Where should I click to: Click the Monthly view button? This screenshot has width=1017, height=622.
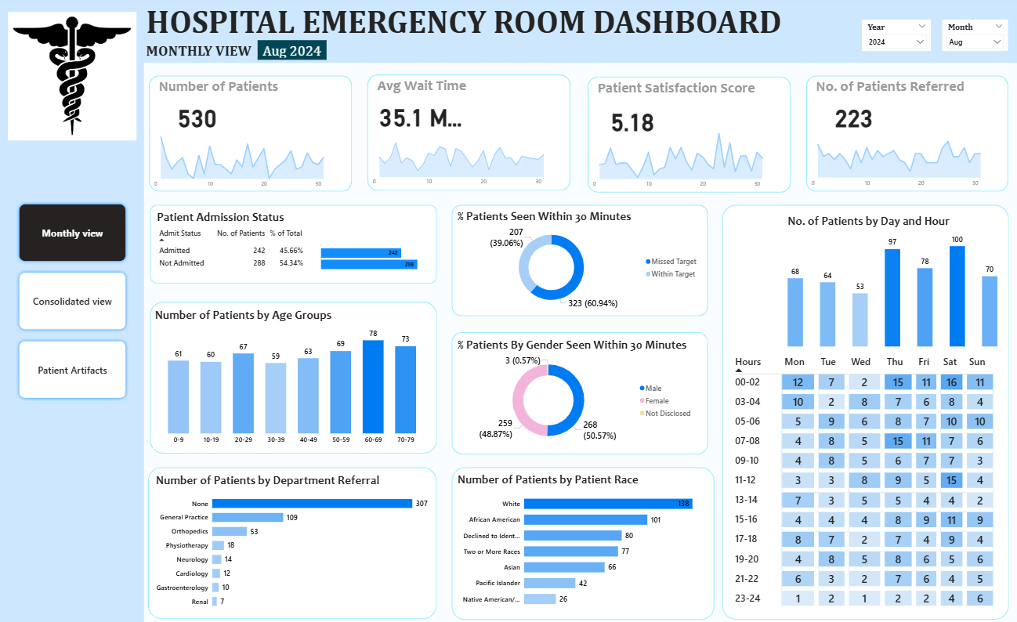tap(72, 233)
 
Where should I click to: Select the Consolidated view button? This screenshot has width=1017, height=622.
tap(72, 301)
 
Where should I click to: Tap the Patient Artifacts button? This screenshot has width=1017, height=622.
tap(72, 370)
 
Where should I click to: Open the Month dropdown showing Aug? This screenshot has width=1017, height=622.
tap(974, 42)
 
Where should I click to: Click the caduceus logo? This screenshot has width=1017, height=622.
tap(72, 75)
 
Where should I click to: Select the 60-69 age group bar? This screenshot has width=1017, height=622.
tap(373, 387)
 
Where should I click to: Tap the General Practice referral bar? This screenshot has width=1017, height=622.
tap(248, 517)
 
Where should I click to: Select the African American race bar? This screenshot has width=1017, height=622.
tap(585, 519)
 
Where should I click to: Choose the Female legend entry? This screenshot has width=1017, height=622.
tap(657, 400)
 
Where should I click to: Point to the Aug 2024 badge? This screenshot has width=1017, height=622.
tap(291, 51)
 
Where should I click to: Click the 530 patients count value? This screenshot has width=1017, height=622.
tap(197, 119)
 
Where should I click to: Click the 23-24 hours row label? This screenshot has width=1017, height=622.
tap(747, 598)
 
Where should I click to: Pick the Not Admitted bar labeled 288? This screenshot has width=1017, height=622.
tap(369, 265)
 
